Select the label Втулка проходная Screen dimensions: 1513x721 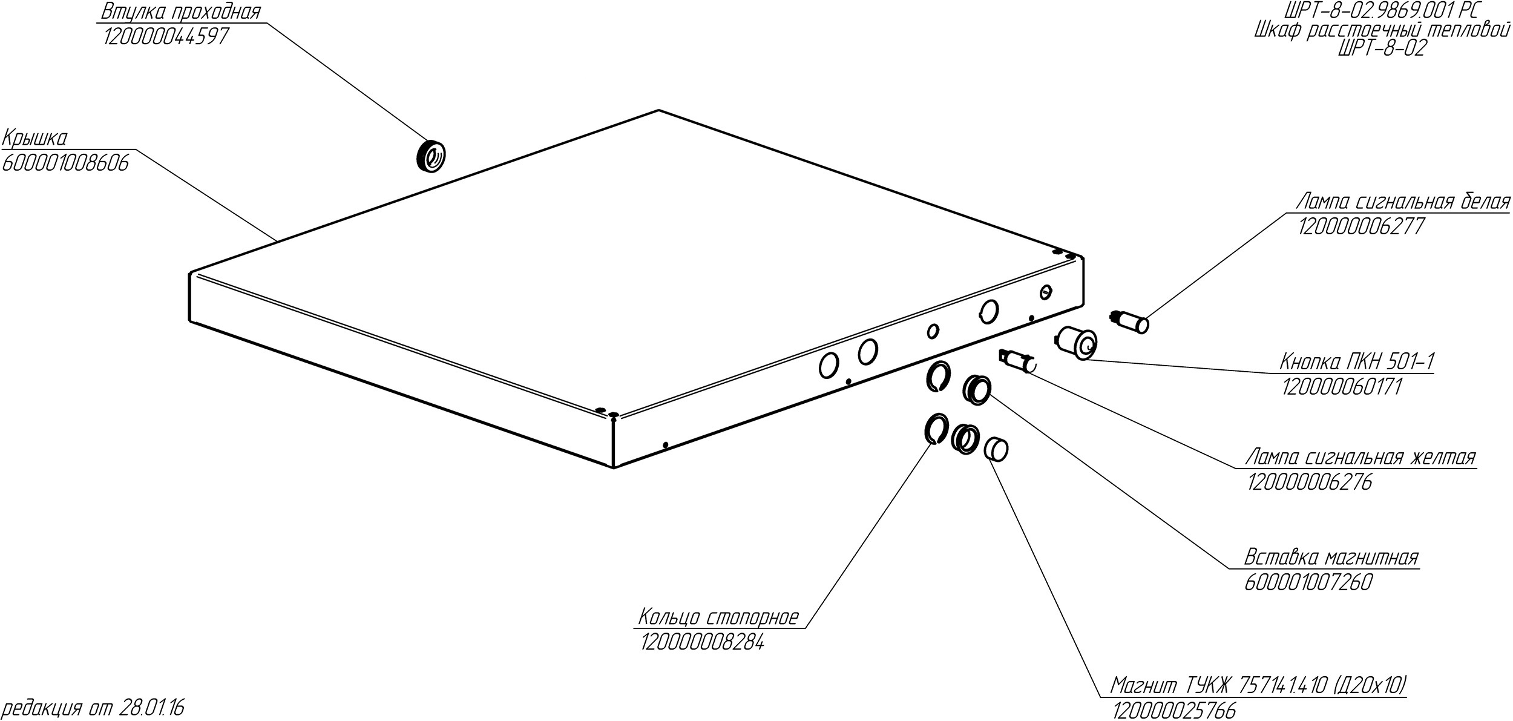tap(181, 12)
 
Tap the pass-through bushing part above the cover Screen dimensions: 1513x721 tap(431, 156)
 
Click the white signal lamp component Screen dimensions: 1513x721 tap(1129, 321)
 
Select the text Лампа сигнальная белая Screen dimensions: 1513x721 tap(1403, 202)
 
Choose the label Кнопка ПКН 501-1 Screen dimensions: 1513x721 tap(1356, 362)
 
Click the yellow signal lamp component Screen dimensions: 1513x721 tap(1019, 363)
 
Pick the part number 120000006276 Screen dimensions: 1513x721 tap(1309, 482)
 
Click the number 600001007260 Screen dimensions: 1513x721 tap(1308, 582)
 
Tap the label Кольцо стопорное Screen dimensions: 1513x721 tap(719, 617)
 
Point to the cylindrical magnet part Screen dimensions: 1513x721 tap(996, 449)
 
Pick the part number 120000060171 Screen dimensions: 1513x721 tap(1342, 387)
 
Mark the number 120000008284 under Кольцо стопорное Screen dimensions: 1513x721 tap(702, 642)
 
